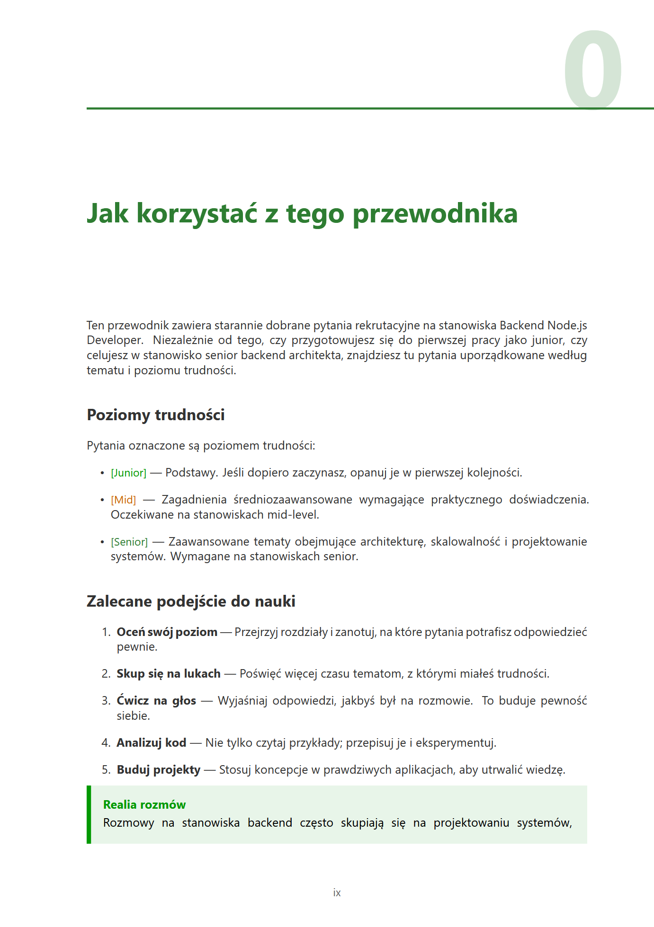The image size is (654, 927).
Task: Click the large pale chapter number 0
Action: tap(592, 70)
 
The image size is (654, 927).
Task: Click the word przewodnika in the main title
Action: tap(435, 214)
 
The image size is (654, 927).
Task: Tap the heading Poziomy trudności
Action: tap(156, 415)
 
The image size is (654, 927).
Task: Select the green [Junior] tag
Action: tap(129, 473)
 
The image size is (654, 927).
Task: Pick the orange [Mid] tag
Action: tap(124, 500)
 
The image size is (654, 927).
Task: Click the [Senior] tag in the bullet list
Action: tap(129, 542)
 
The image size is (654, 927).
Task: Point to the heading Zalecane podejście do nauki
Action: tap(191, 601)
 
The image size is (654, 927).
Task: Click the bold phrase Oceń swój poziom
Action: tap(167, 632)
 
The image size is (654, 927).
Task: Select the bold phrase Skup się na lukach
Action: tap(169, 674)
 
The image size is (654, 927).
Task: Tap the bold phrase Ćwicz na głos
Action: tap(156, 701)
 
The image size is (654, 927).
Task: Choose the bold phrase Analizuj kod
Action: tap(151, 743)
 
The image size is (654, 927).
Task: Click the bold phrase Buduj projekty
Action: tap(159, 770)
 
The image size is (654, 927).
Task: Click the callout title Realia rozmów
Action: tap(144, 805)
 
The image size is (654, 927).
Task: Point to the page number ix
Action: tap(337, 893)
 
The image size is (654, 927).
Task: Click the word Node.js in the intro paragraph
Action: tap(567, 326)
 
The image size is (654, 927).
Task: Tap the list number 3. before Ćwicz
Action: tap(106, 701)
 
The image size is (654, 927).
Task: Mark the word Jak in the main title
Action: tap(108, 214)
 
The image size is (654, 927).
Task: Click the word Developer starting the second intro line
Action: tap(114, 341)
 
